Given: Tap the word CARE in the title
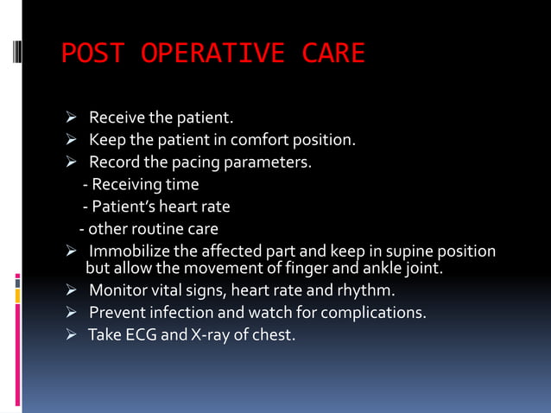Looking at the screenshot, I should click(333, 54).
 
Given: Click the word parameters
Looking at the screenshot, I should click(269, 162).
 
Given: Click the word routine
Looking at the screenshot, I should click(155, 229).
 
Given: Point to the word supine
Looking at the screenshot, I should click(403, 251).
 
